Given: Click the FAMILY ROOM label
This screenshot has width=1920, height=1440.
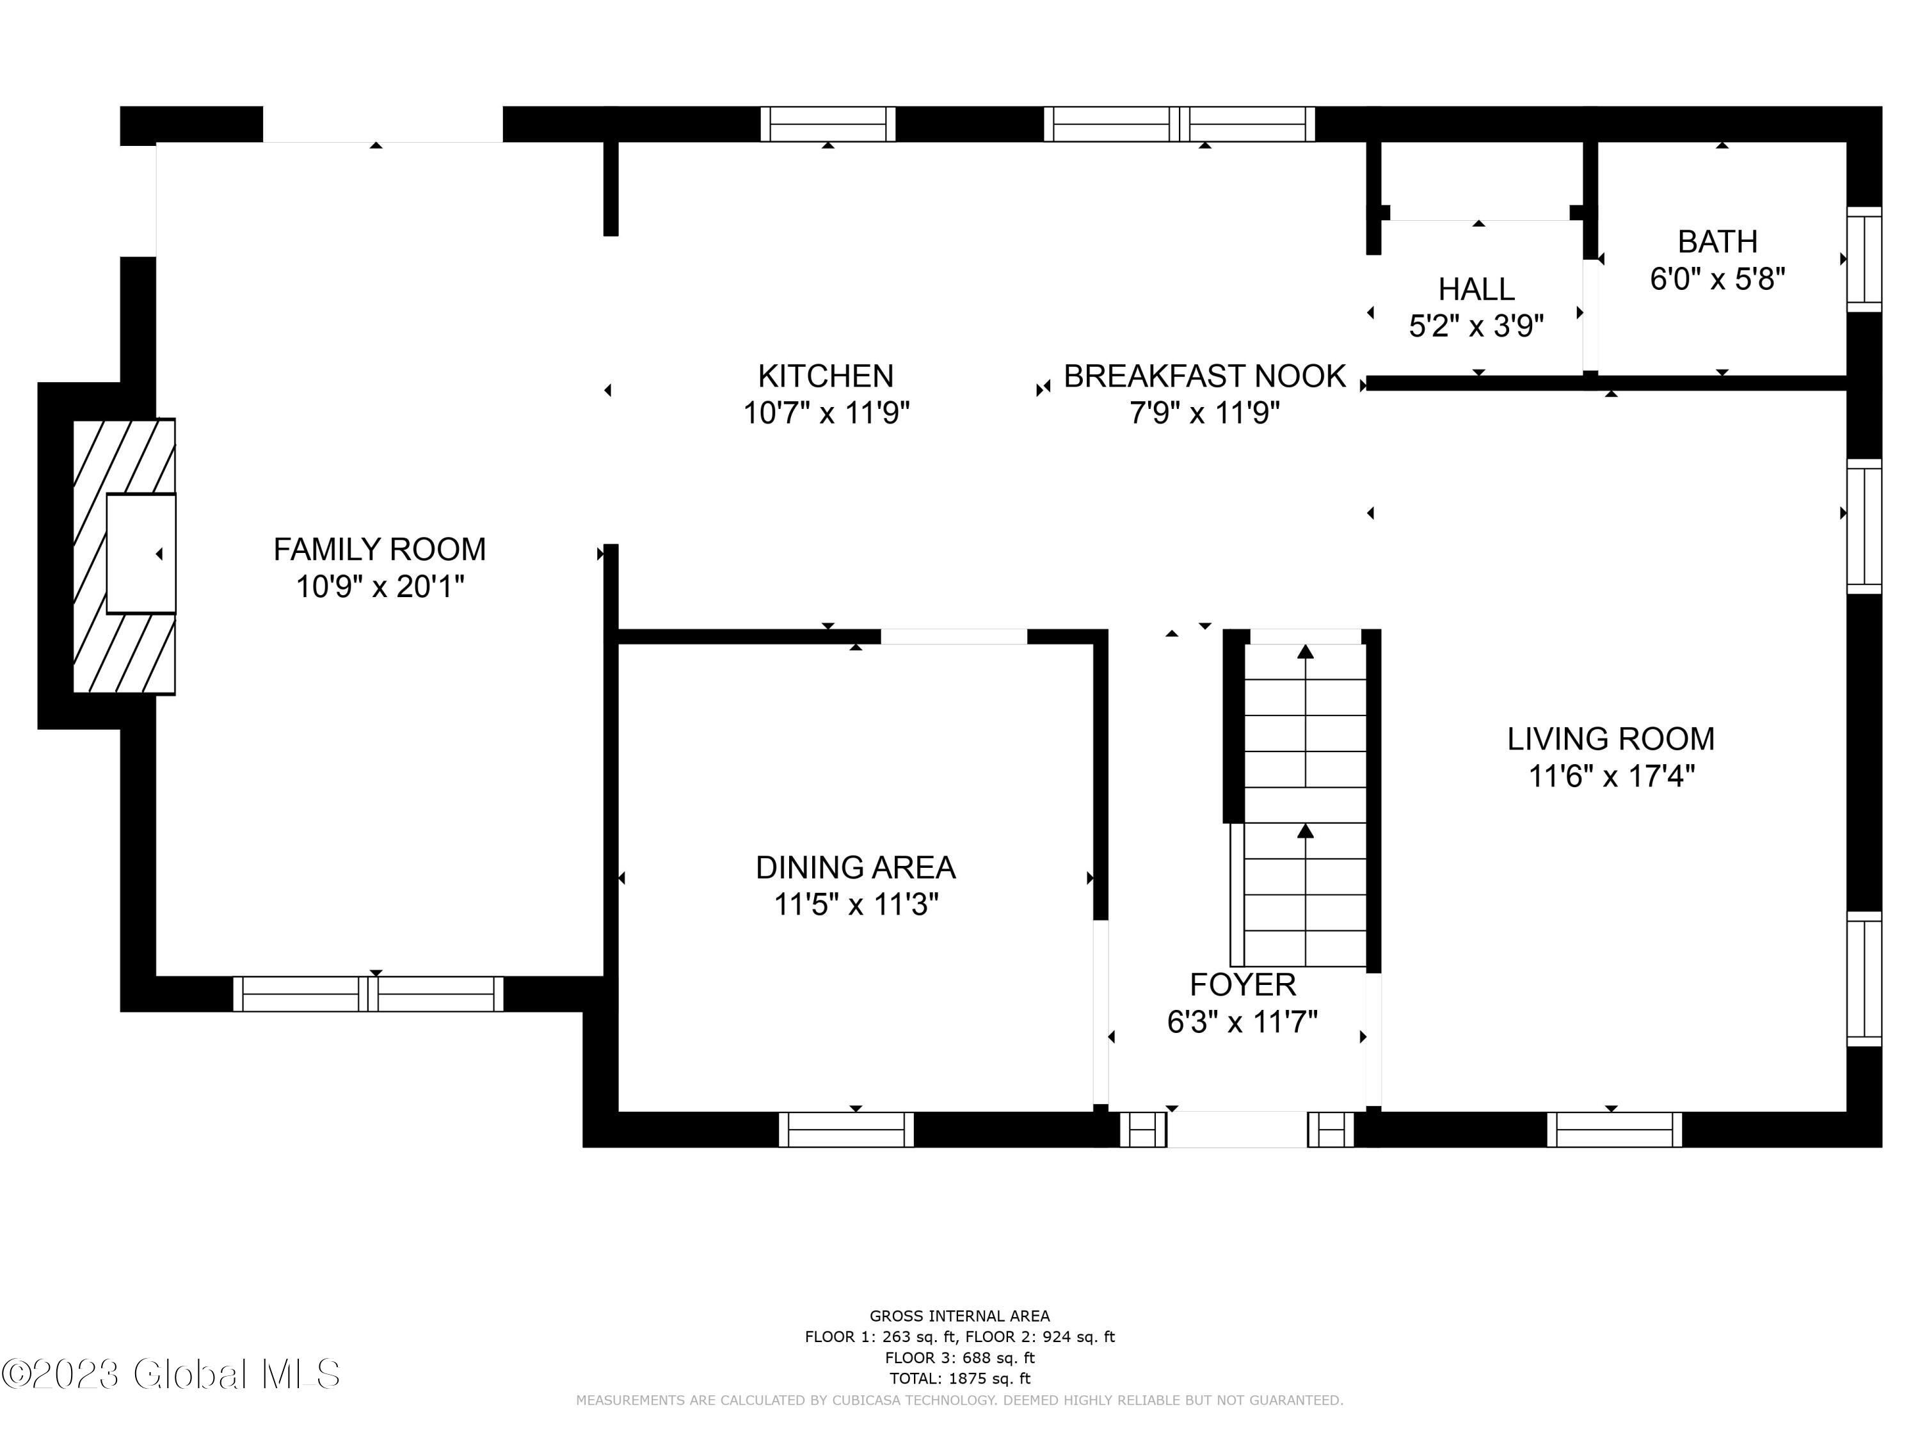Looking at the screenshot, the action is pyautogui.click(x=380, y=549).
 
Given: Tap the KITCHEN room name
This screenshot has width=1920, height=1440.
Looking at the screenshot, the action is pyautogui.click(x=826, y=376).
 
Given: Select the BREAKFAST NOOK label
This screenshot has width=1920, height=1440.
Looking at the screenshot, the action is pyautogui.click(x=1204, y=376).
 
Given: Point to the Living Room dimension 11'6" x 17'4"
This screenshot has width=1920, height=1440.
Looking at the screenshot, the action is pyautogui.click(x=1611, y=776).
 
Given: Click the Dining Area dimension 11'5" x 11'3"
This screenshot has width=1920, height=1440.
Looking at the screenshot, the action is pyautogui.click(x=856, y=904).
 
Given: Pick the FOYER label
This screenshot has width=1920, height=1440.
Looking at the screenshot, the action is pyautogui.click(x=1243, y=985).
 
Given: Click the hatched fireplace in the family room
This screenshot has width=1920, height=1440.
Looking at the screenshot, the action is pyautogui.click(x=124, y=556).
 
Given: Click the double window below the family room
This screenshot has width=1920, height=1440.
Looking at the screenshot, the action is pyautogui.click(x=368, y=994).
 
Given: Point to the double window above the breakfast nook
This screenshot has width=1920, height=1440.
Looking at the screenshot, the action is pyautogui.click(x=1180, y=124).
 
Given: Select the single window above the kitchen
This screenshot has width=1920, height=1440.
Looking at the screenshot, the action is pyautogui.click(x=828, y=124).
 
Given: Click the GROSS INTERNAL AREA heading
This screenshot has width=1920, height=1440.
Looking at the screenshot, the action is pyautogui.click(x=960, y=1316).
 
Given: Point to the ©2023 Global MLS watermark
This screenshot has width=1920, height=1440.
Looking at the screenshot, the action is pyautogui.click(x=171, y=1374).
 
